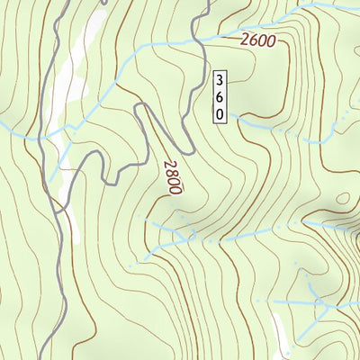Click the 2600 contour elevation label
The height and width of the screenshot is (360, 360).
257,40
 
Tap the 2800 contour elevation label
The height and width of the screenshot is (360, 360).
172,177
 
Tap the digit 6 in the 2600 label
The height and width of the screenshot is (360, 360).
253,40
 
